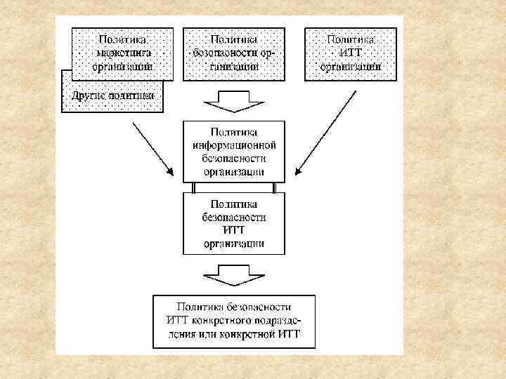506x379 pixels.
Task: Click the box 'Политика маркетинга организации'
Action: pos(121,53)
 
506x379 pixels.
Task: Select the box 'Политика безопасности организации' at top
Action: pos(234,53)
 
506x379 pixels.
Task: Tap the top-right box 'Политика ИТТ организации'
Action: pos(350,53)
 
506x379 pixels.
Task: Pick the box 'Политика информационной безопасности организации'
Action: pos(234,151)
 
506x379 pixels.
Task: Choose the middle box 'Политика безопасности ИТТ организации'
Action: pos(234,223)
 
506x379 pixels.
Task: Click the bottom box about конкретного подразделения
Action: pos(234,321)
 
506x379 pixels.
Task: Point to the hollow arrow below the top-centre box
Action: pos(233,103)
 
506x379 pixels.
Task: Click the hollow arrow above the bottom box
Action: pos(233,274)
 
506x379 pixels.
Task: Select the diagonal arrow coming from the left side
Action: pos(153,149)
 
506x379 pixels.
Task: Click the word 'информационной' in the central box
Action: pos(234,145)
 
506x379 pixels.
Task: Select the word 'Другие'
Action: pos(84,95)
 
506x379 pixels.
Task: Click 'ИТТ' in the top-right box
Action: pos(351,53)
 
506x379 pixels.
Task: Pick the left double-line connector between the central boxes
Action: pos(193,187)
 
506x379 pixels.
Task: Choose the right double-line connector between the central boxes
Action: pos(275,187)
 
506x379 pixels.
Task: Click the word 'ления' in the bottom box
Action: pos(183,334)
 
